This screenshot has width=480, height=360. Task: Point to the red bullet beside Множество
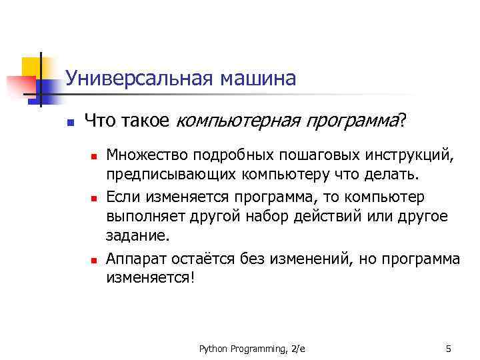pos(94,157)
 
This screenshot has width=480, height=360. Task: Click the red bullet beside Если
pos(94,199)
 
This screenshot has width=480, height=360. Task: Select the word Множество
pos(144,156)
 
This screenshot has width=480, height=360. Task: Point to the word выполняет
pos(139,217)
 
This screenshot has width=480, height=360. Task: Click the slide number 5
pos(448,349)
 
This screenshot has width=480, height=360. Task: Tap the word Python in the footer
pos(213,349)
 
